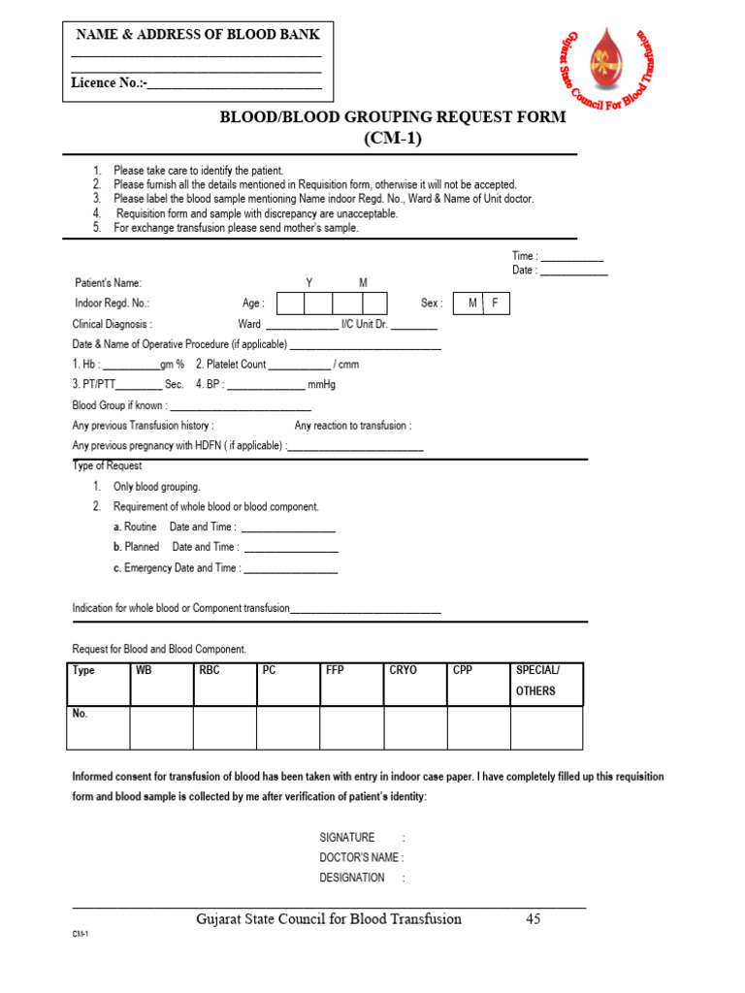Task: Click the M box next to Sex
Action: click(x=472, y=304)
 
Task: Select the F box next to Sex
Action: click(x=496, y=304)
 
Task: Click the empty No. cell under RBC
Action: click(x=225, y=728)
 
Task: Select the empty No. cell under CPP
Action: click(x=478, y=728)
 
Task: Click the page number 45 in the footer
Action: click(x=533, y=919)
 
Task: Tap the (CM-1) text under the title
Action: click(x=393, y=138)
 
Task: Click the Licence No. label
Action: click(x=107, y=83)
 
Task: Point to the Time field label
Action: click(x=525, y=256)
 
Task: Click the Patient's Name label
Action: click(x=109, y=283)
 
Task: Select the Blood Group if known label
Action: click(x=118, y=405)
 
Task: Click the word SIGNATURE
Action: click(x=346, y=837)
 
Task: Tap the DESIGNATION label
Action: click(x=351, y=878)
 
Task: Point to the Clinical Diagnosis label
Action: click(x=112, y=324)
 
